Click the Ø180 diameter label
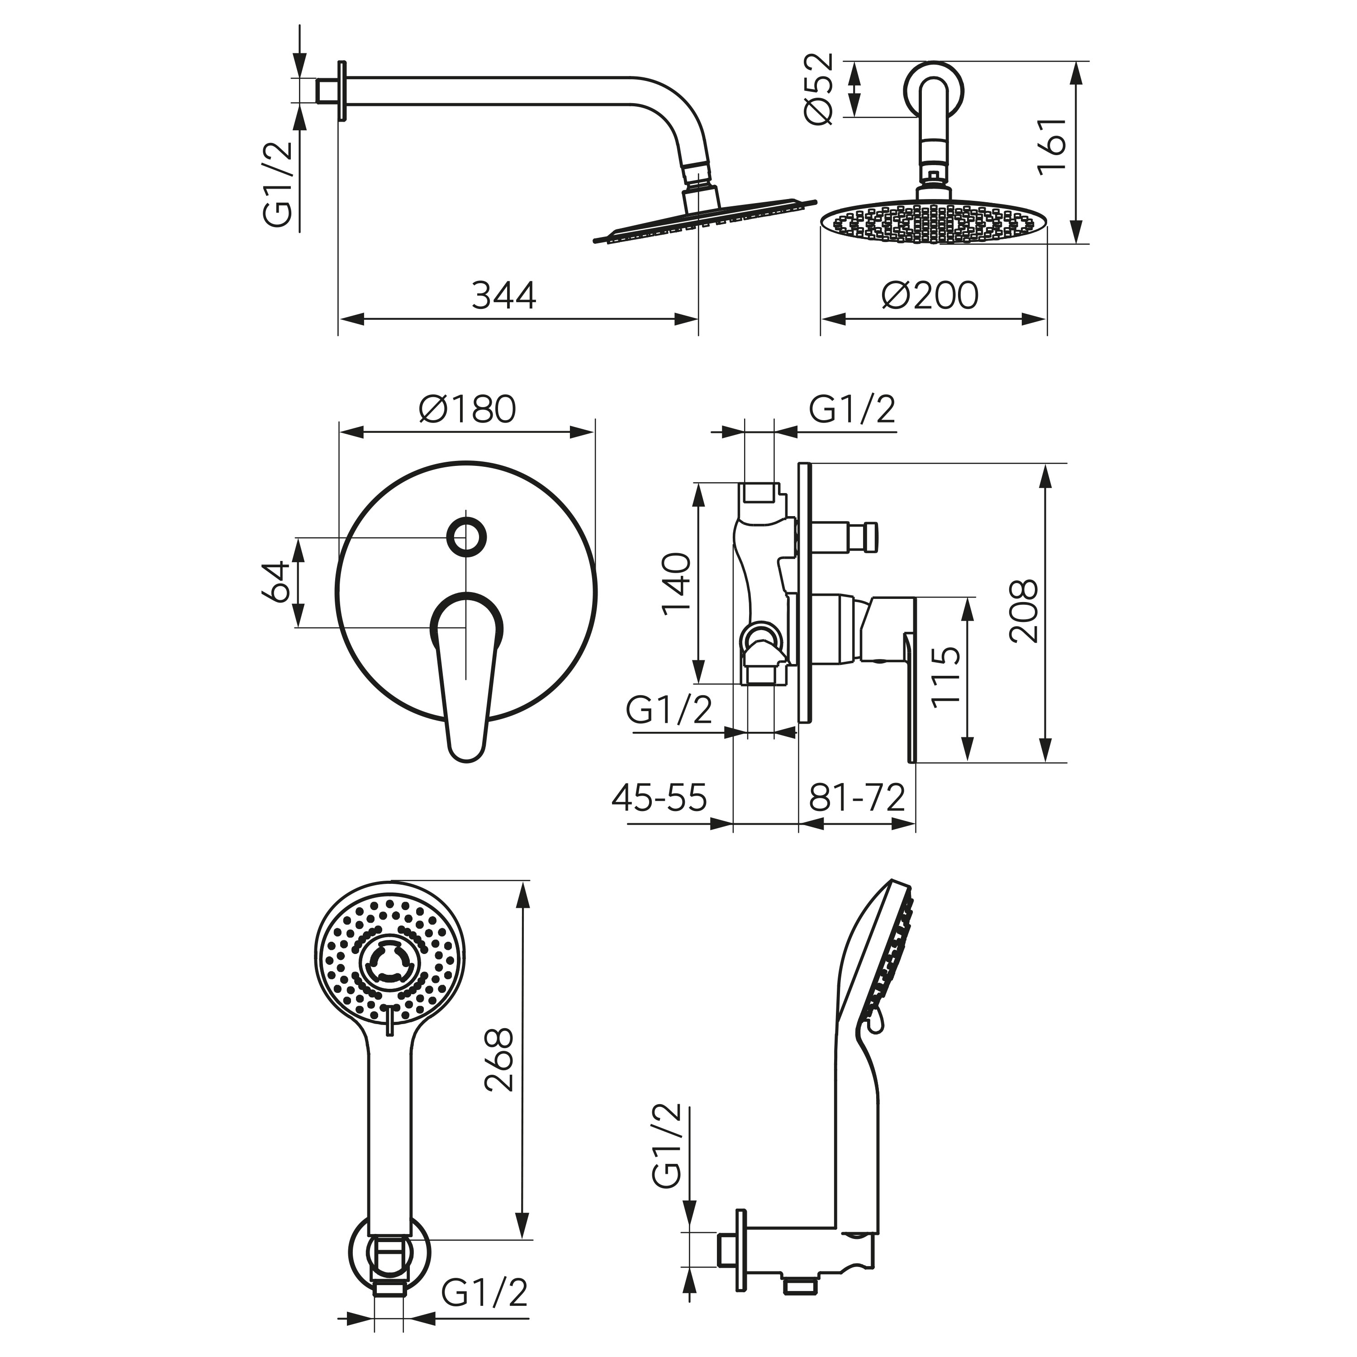coord(468,409)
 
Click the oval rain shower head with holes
coord(934,223)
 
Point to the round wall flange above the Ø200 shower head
coord(933,89)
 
